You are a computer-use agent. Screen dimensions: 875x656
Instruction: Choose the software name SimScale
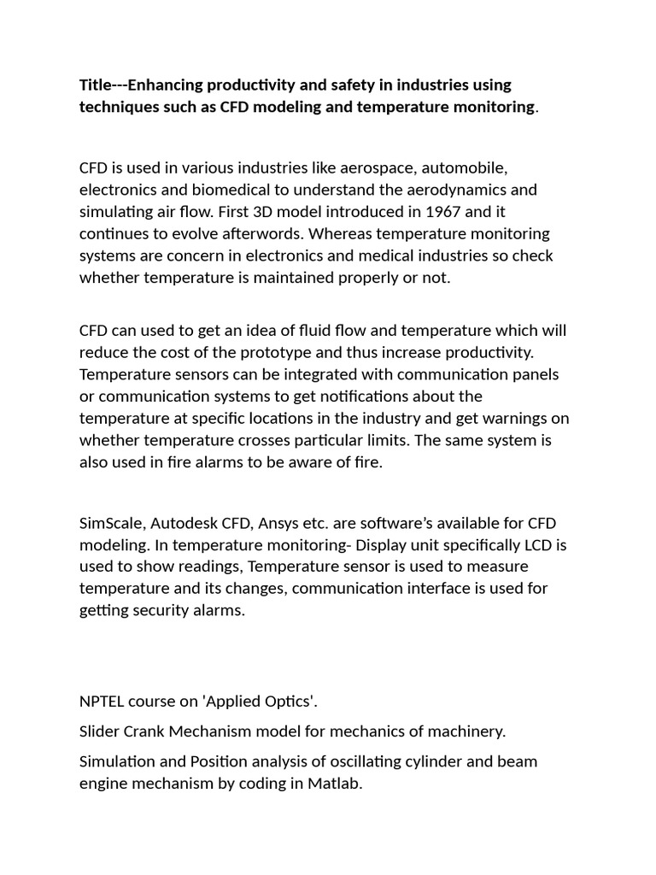113,522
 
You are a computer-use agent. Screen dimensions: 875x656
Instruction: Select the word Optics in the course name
287,702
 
